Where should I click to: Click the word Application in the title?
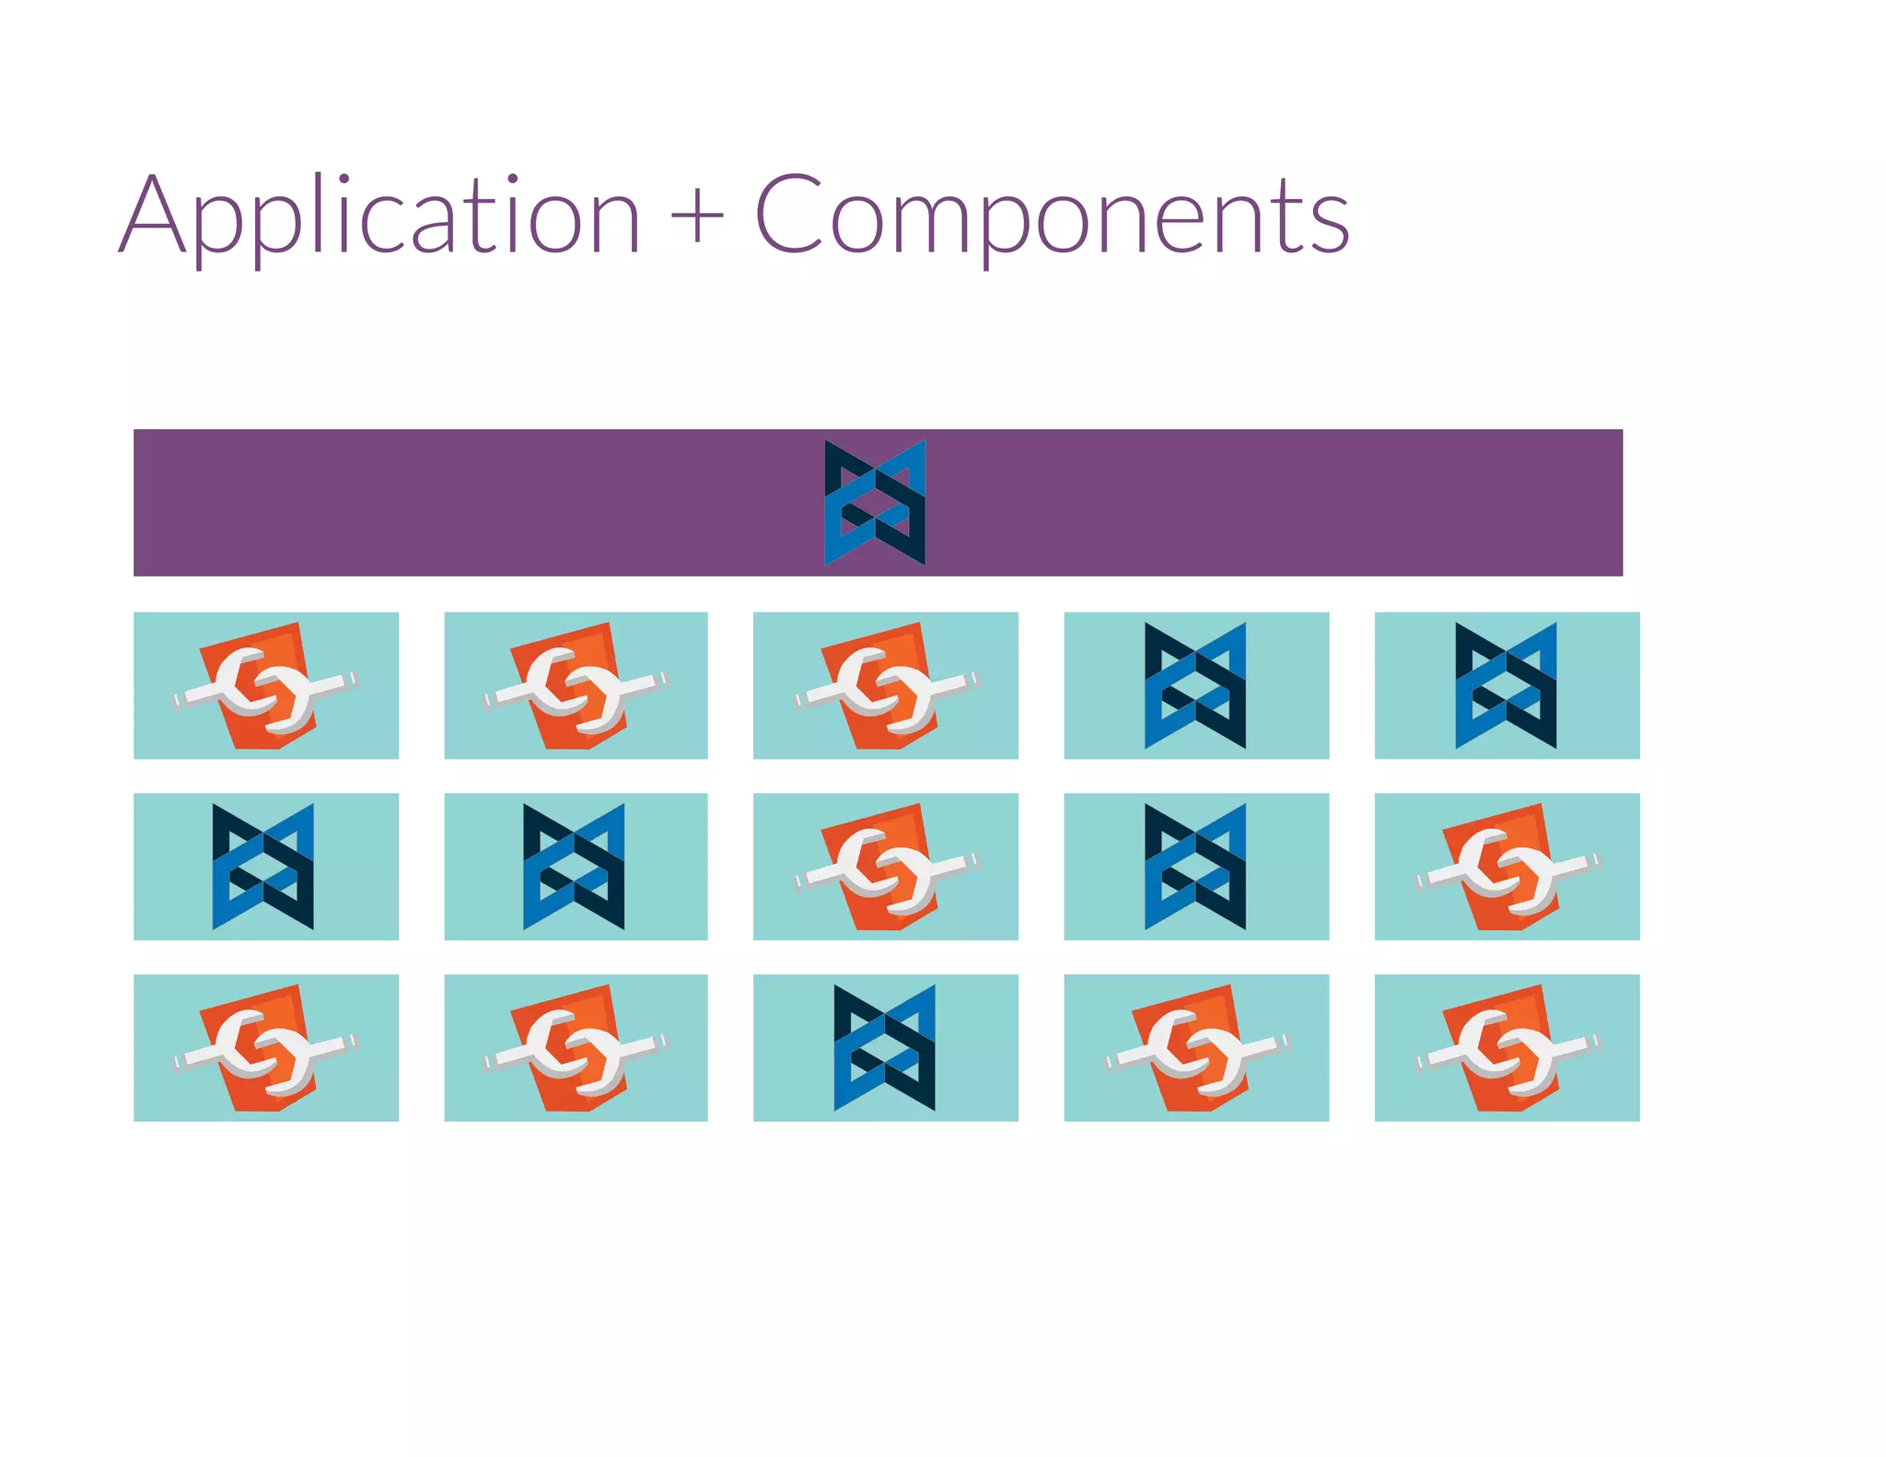pyautogui.click(x=379, y=217)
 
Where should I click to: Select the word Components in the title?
pyautogui.click(x=1052, y=217)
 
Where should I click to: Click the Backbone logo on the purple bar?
pyautogui.click(x=875, y=503)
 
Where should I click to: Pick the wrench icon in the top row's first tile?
pyautogui.click(x=264, y=686)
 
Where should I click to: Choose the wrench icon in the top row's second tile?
pyautogui.click(x=575, y=686)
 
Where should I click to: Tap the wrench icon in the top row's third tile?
pyautogui.click(x=885, y=686)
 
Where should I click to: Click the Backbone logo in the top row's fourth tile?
pyautogui.click(x=1195, y=685)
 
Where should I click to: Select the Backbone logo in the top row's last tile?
pyautogui.click(x=1506, y=685)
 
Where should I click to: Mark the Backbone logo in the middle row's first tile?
pyautogui.click(x=262, y=867)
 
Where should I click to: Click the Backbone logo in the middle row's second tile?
pyautogui.click(x=574, y=867)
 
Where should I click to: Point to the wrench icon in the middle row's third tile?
pyautogui.click(x=885, y=868)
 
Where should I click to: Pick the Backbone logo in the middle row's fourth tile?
pyautogui.click(x=1195, y=867)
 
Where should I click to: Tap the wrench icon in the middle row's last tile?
pyautogui.click(x=1507, y=868)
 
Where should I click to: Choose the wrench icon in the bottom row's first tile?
pyautogui.click(x=264, y=1049)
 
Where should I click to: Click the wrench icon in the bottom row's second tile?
pyautogui.click(x=575, y=1049)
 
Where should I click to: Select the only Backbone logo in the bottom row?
pyautogui.click(x=884, y=1048)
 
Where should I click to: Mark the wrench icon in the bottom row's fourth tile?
pyautogui.click(x=1196, y=1049)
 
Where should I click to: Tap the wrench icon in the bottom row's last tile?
pyautogui.click(x=1507, y=1049)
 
